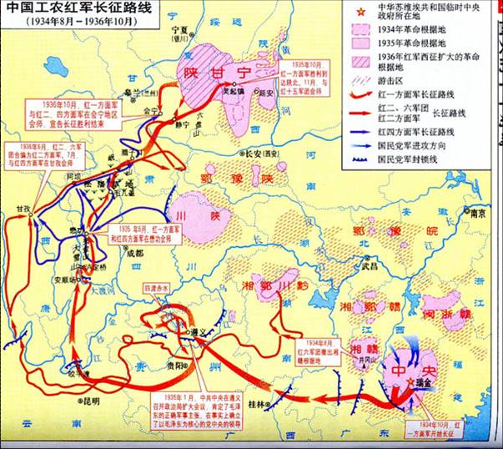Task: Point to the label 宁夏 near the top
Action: (174, 28)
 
